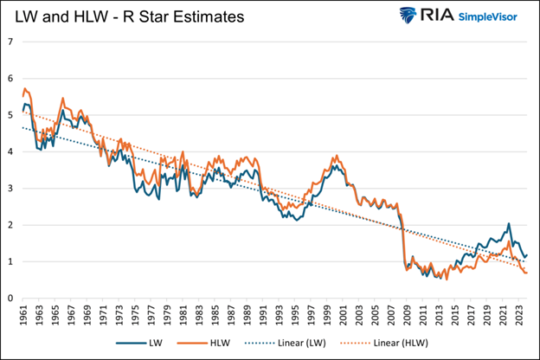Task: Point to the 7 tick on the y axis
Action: pyautogui.click(x=10, y=42)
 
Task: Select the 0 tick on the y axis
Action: pyautogui.click(x=10, y=299)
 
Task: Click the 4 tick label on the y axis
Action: pyautogui.click(x=10, y=151)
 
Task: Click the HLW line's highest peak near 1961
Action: pyautogui.click(x=26, y=88)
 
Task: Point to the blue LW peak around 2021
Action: pyautogui.click(x=510, y=224)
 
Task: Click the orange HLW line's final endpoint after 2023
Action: pyautogui.click(x=526, y=273)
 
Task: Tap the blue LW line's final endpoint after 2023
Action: pyautogui.click(x=526, y=255)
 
